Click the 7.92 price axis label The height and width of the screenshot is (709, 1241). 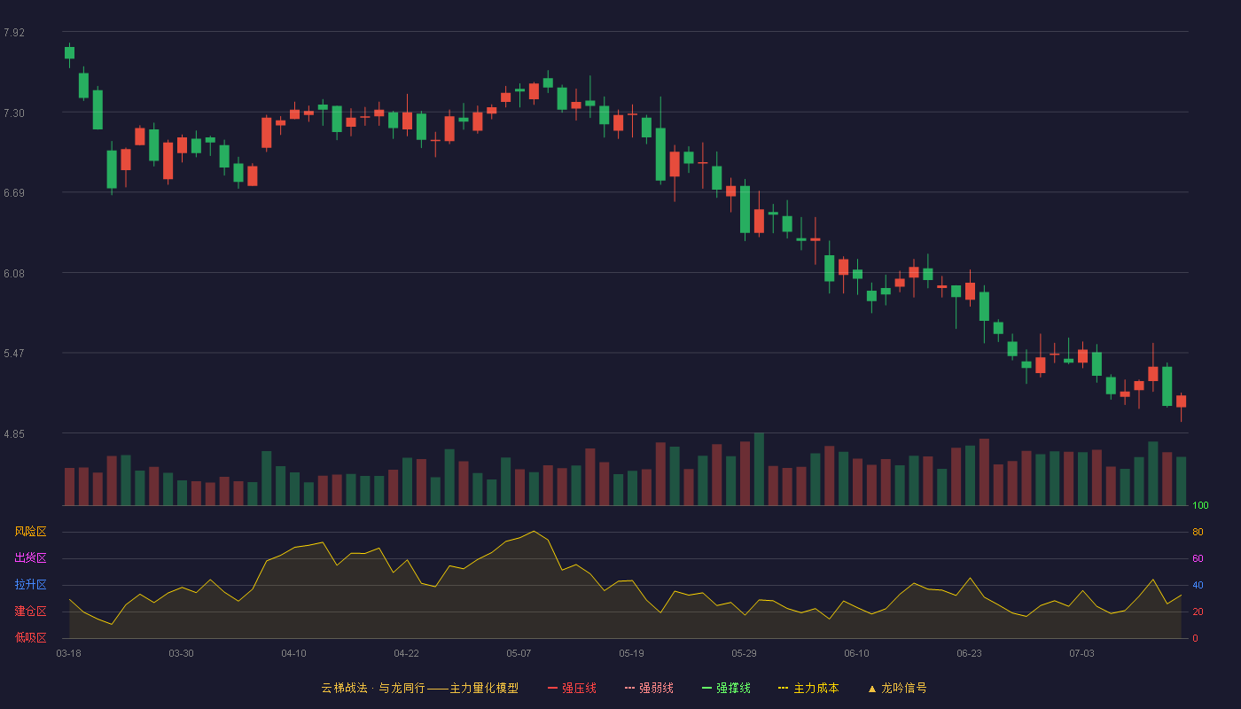(14, 33)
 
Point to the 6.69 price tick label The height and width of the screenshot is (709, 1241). (14, 193)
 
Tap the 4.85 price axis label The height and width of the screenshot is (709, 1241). (14, 434)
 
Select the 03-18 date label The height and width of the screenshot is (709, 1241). (69, 654)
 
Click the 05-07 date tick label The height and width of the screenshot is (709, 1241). (519, 654)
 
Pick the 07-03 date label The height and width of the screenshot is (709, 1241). (1081, 654)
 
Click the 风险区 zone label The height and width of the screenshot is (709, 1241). (30, 532)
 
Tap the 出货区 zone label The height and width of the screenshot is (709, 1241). (30, 557)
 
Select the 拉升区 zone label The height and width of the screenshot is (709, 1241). (30, 584)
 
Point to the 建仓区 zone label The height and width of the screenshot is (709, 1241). (30, 611)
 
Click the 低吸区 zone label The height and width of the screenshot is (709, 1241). (30, 637)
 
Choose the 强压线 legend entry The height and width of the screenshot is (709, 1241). (572, 688)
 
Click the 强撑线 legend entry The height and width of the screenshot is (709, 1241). (726, 688)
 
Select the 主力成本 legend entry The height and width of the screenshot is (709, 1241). (808, 688)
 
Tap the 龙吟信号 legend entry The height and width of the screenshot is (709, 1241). (897, 688)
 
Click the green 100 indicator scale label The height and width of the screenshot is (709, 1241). (1200, 505)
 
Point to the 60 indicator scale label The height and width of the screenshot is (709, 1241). (1198, 558)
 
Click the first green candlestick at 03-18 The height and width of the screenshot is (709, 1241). (69, 52)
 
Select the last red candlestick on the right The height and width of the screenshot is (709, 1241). (1181, 401)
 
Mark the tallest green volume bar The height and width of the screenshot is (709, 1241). (759, 469)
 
